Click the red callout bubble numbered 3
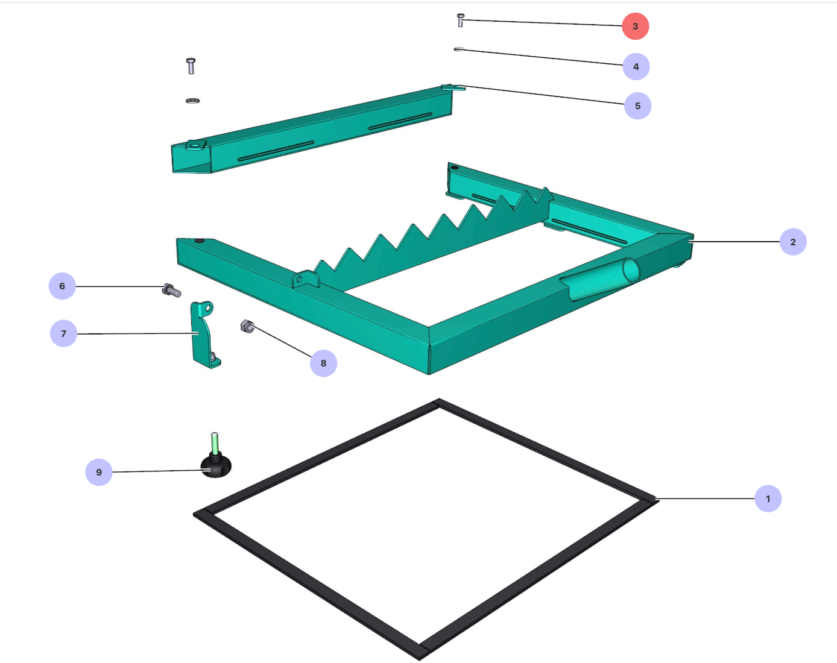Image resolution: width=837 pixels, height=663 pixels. point(635,26)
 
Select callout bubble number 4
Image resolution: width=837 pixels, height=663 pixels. point(636,66)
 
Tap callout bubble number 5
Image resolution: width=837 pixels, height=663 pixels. point(637,105)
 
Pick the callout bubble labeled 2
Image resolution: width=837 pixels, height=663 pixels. point(793,242)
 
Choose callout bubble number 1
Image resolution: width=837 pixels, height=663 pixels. point(768,498)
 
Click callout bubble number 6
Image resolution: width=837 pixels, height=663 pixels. point(62,286)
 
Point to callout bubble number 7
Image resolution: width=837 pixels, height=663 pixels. point(63,333)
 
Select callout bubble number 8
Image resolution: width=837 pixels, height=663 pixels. point(323,363)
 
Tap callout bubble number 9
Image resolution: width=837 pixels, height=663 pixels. point(99,472)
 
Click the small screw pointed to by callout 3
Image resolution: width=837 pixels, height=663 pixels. point(461,20)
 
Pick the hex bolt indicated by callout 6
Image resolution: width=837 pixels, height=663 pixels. point(171,291)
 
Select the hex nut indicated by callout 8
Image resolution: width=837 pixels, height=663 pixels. point(247,326)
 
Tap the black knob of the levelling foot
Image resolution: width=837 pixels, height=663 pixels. point(216,465)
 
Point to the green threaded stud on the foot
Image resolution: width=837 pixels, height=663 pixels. point(214,443)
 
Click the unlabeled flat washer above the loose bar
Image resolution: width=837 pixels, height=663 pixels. point(192,101)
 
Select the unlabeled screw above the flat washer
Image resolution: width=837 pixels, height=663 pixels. point(191,66)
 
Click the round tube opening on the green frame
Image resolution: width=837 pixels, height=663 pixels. point(631,270)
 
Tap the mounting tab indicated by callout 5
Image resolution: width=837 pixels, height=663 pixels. point(453,87)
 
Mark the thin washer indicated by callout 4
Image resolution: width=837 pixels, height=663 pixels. point(459,49)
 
